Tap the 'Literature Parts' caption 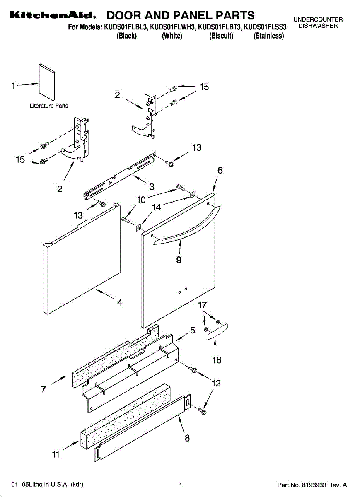pos(49,106)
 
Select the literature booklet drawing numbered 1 pos(46,82)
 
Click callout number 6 pos(220,170)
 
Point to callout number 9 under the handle pos(179,260)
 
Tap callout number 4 pos(120,303)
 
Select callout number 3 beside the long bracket pos(152,187)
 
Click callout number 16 pos(217,360)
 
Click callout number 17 pos(202,306)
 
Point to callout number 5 pos(193,331)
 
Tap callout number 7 pos(43,389)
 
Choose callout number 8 pos(187,438)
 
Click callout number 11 pos(56,454)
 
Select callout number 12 pos(216,384)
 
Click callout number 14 pos(156,207)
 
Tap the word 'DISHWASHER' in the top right pos(318,26)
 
